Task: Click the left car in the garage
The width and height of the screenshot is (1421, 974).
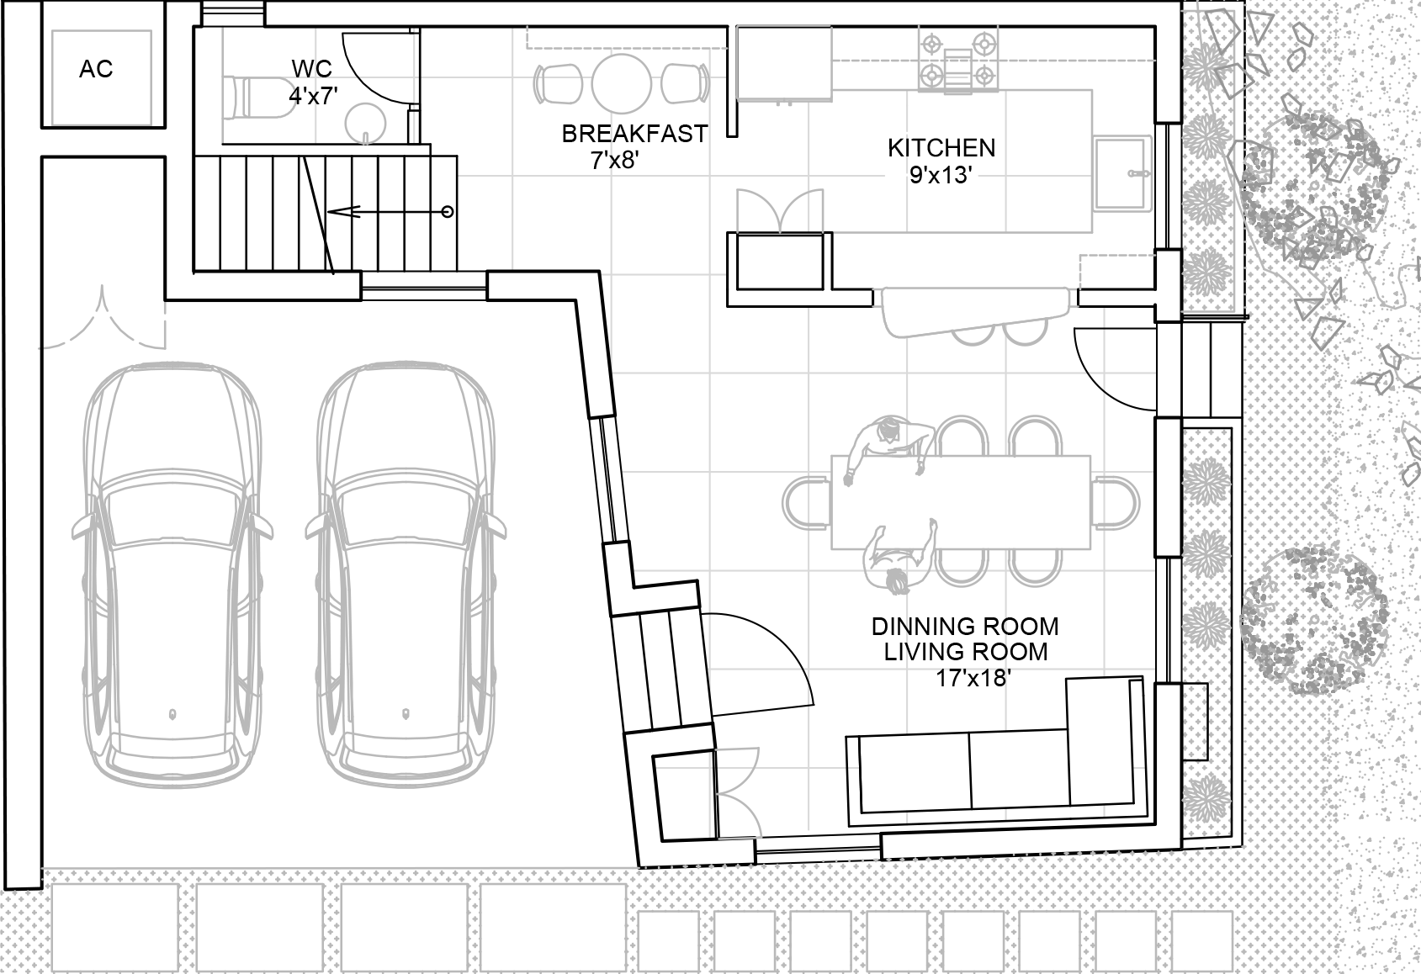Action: coord(172,576)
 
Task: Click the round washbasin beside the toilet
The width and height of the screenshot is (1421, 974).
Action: coord(366,123)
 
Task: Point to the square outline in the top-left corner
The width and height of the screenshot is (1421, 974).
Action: coord(101,78)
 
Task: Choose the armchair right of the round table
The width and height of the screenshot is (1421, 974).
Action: coord(684,82)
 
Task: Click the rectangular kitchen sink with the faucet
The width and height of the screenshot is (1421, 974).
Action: coord(1122,173)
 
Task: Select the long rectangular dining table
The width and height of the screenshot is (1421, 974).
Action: coord(961,502)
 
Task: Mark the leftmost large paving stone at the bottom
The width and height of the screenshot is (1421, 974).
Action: coord(115,927)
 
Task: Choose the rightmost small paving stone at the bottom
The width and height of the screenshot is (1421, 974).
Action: coord(1201,941)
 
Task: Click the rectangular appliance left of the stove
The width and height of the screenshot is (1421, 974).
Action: coord(783,62)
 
